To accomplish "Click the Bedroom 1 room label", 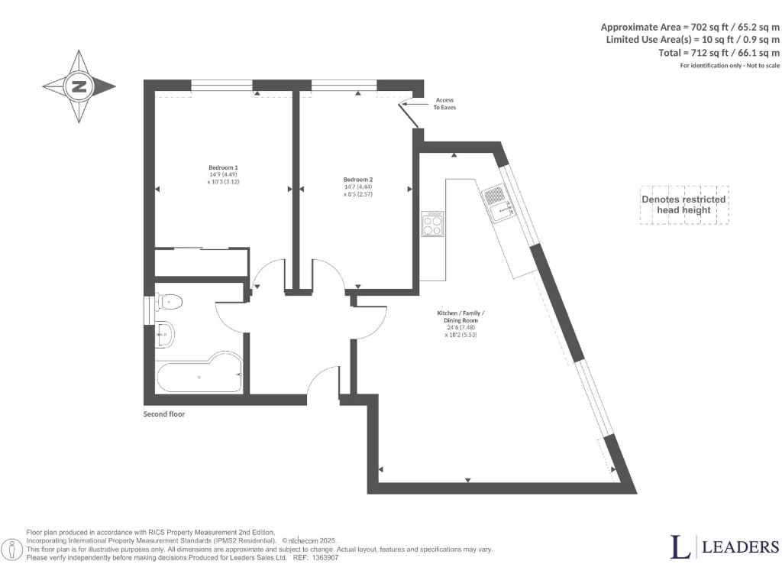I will click(x=223, y=167).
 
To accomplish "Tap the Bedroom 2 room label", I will click(x=358, y=179).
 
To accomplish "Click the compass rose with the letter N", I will click(x=79, y=86).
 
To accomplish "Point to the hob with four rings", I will click(x=432, y=224).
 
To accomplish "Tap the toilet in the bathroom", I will click(x=169, y=303).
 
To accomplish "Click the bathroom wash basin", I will click(x=165, y=335).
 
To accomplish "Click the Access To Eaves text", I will click(x=444, y=104).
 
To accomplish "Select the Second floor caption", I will click(x=164, y=414).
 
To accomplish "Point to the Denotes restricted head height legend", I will click(x=683, y=205).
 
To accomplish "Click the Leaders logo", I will click(x=724, y=546).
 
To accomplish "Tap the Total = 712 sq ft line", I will click(x=719, y=53).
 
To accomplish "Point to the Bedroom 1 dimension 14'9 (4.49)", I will click(x=224, y=175).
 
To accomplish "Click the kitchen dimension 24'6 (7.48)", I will click(x=460, y=327).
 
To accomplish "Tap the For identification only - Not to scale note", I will click(x=729, y=66).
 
